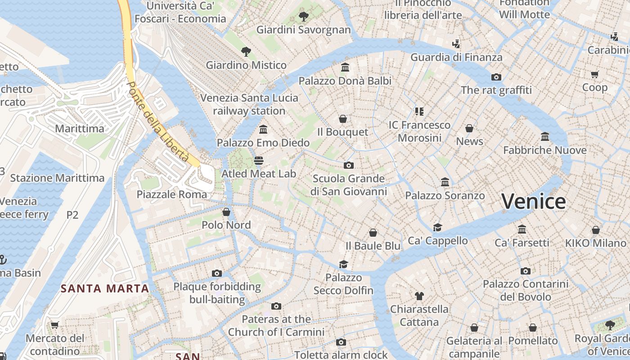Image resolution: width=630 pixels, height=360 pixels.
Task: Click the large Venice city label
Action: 533,201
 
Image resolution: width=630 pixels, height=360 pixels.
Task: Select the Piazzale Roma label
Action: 172,194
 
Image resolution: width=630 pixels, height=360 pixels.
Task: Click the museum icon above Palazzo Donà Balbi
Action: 345,67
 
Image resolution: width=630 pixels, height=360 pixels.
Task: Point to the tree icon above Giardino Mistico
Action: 246,52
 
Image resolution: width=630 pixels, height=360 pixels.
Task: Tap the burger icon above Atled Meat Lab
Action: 258,160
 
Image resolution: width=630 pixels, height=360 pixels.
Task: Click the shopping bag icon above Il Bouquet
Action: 343,119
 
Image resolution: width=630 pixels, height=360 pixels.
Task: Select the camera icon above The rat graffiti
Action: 496,77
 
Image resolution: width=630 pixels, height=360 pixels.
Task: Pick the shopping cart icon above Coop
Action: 594,74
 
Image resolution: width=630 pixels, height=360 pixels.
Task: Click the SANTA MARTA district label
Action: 105,288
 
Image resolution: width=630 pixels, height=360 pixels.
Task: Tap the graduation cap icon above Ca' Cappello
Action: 437,227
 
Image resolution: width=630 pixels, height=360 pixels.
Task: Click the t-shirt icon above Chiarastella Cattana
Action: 419,296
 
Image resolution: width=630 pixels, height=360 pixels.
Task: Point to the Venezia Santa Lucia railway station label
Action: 249,104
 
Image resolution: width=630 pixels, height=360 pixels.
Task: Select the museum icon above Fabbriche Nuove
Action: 544,136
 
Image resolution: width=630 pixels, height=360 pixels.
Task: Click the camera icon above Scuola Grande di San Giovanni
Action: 348,165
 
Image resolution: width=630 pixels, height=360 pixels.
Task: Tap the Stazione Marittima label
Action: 57,178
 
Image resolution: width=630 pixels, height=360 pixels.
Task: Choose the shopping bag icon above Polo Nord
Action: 226,211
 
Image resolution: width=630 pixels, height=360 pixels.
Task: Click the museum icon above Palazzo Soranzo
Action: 445,182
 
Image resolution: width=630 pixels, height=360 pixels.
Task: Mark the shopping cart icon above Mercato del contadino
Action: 55,325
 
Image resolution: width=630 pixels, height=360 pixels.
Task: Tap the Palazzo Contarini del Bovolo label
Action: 526,290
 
